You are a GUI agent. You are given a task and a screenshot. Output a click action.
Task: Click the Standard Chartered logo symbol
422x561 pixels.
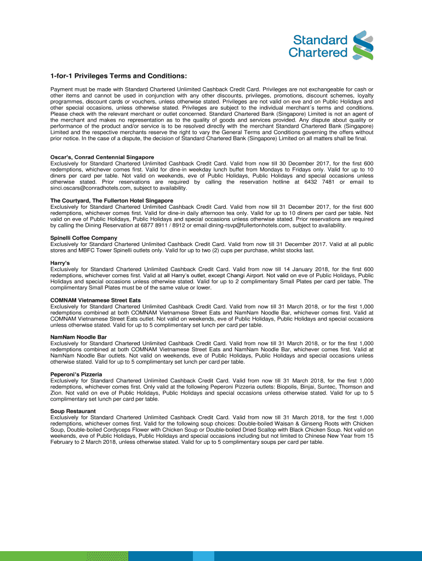362,45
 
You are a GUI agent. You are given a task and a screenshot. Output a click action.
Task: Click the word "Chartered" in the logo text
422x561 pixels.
318,53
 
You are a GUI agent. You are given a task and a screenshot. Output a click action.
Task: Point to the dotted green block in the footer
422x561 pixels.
107,557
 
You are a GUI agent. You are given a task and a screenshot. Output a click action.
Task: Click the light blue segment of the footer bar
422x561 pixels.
203,557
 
